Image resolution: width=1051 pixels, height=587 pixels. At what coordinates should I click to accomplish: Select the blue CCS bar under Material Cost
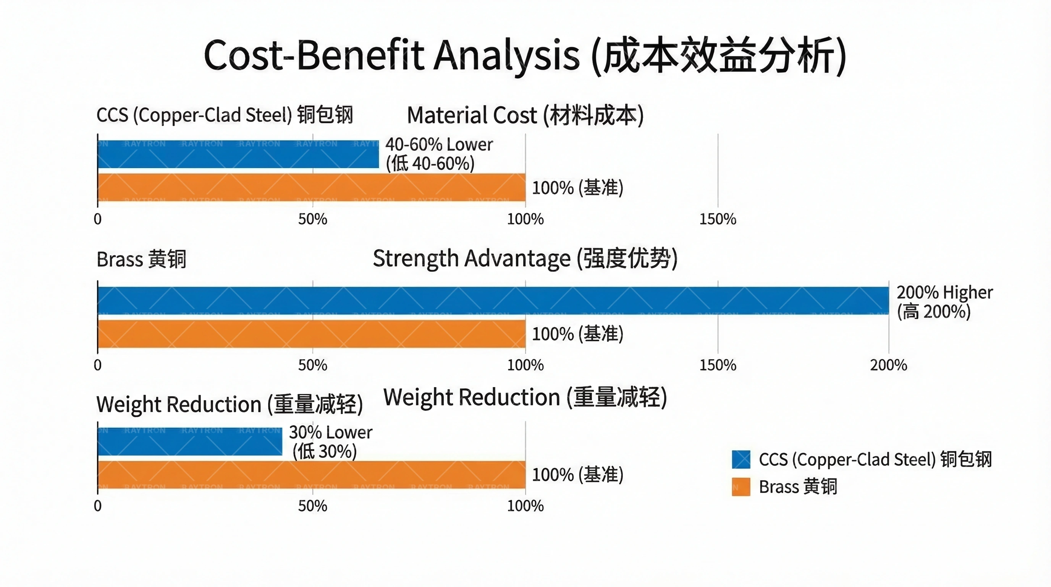click(238, 154)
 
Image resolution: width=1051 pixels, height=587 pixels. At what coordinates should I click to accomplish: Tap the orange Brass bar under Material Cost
click(311, 187)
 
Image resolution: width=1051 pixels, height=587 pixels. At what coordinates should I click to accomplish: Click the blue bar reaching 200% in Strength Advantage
click(493, 300)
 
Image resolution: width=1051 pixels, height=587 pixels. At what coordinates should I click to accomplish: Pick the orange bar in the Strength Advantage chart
click(311, 334)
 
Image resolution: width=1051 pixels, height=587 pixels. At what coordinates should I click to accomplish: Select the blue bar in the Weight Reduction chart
click(190, 442)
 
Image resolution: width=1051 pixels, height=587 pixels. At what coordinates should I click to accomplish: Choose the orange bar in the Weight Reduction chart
click(311, 475)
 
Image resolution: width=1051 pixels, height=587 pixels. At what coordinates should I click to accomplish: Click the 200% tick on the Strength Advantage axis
click(888, 365)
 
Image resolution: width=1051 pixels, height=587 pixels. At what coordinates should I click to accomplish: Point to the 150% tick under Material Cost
click(718, 219)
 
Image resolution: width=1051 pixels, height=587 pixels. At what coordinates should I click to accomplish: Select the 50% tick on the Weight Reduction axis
click(312, 506)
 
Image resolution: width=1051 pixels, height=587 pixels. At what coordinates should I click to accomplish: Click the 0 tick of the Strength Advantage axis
click(97, 365)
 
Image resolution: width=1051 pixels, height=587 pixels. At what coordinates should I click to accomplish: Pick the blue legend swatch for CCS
click(741, 459)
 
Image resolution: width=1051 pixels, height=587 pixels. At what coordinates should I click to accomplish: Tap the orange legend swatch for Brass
click(741, 486)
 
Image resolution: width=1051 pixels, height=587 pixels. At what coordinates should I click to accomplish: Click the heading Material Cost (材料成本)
click(525, 115)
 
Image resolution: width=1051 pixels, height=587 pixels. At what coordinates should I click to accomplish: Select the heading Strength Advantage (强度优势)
click(525, 258)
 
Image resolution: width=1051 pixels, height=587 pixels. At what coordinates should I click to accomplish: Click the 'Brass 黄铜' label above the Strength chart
click(141, 259)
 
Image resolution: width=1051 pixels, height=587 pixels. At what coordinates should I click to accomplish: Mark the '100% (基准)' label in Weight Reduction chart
click(577, 475)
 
